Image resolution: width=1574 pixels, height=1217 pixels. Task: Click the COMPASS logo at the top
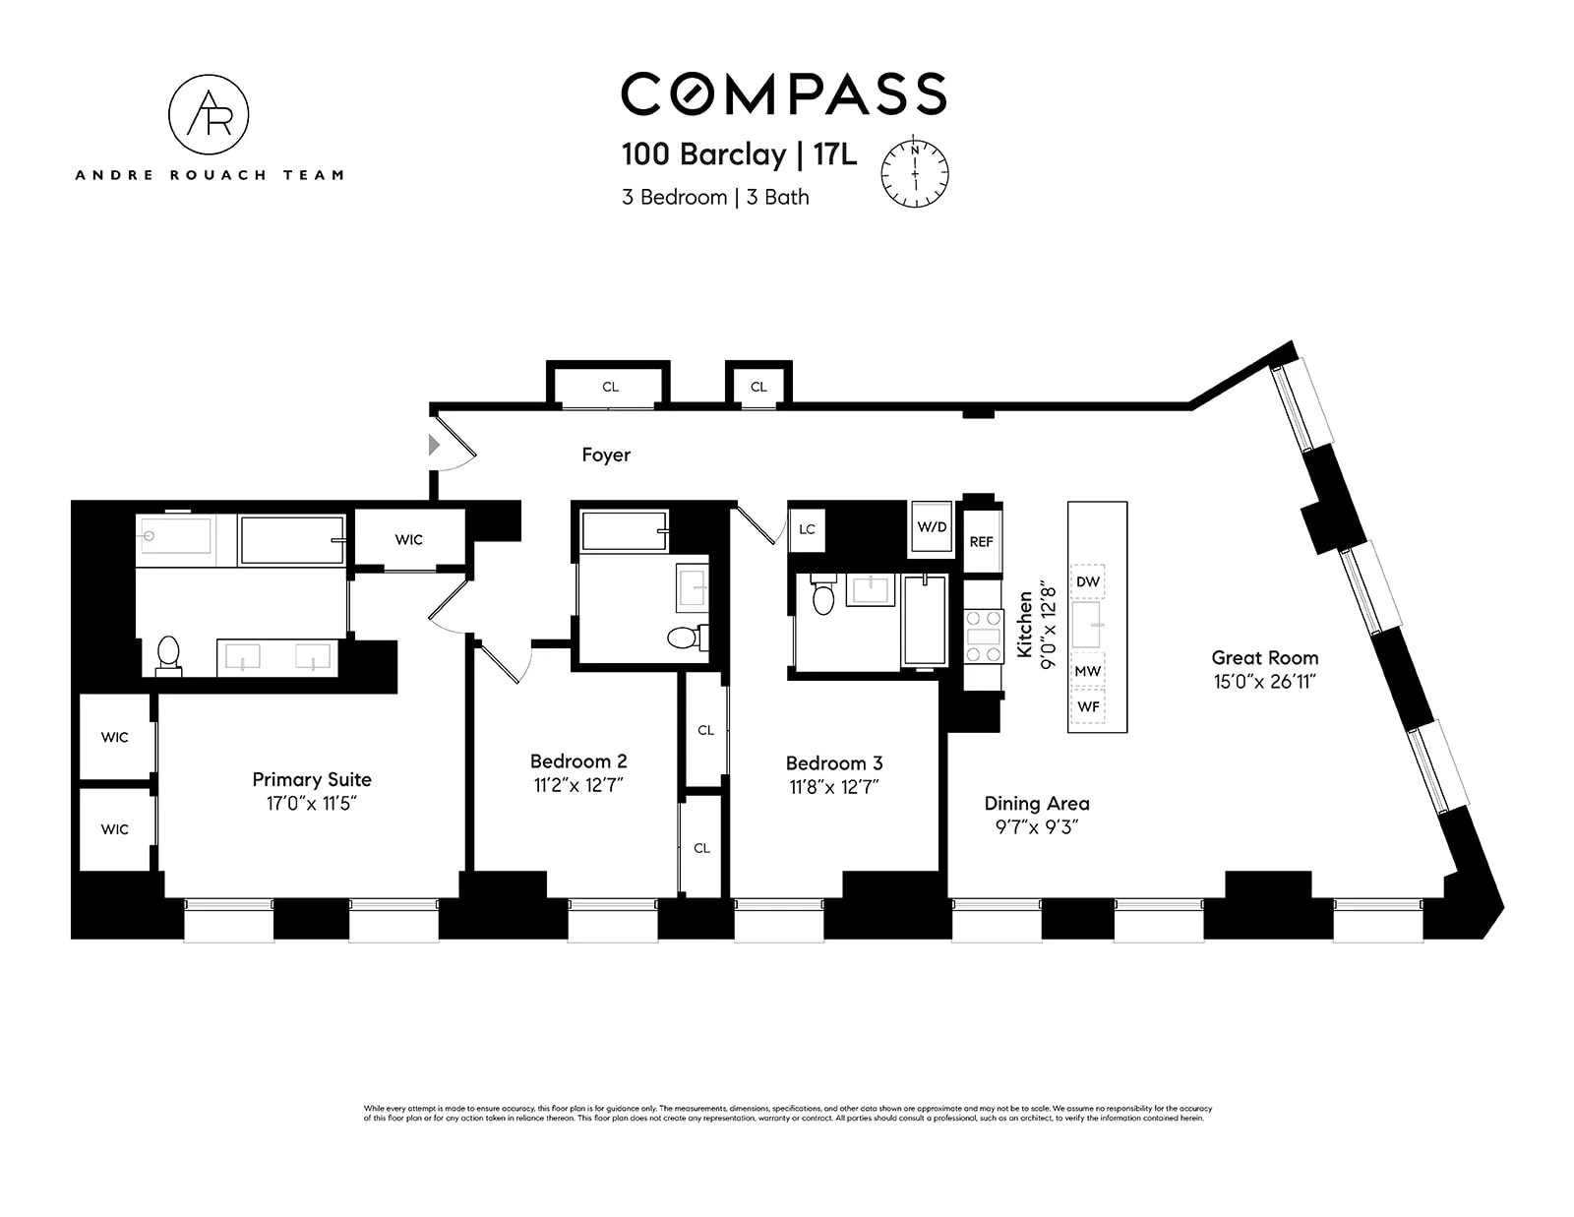click(x=783, y=93)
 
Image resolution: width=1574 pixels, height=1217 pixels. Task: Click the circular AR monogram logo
click(x=209, y=115)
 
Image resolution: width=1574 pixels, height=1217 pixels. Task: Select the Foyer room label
click(x=606, y=455)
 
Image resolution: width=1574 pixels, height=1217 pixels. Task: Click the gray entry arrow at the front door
click(x=434, y=446)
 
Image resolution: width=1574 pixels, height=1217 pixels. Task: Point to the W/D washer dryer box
click(x=931, y=527)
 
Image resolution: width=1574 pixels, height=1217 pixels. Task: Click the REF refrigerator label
click(x=981, y=542)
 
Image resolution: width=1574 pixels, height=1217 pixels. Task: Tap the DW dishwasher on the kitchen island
click(x=1087, y=581)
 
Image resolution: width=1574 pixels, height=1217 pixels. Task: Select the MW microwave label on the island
click(x=1087, y=671)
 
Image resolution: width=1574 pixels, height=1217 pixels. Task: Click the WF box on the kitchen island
click(x=1088, y=706)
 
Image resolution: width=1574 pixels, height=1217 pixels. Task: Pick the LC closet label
click(x=807, y=529)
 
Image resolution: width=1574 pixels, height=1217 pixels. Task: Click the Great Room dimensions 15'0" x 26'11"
click(x=1264, y=681)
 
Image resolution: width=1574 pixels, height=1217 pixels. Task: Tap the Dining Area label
click(x=1037, y=803)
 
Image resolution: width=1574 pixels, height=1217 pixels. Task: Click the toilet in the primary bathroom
click(x=168, y=653)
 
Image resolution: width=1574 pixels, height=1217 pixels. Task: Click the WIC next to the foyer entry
click(x=409, y=539)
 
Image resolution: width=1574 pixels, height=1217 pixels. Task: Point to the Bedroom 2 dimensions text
click(x=577, y=785)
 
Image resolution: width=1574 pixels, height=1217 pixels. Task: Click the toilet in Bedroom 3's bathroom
click(x=823, y=597)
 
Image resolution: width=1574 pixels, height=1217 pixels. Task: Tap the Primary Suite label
click(x=312, y=779)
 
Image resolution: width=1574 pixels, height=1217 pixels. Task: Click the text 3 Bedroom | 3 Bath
click(x=715, y=197)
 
